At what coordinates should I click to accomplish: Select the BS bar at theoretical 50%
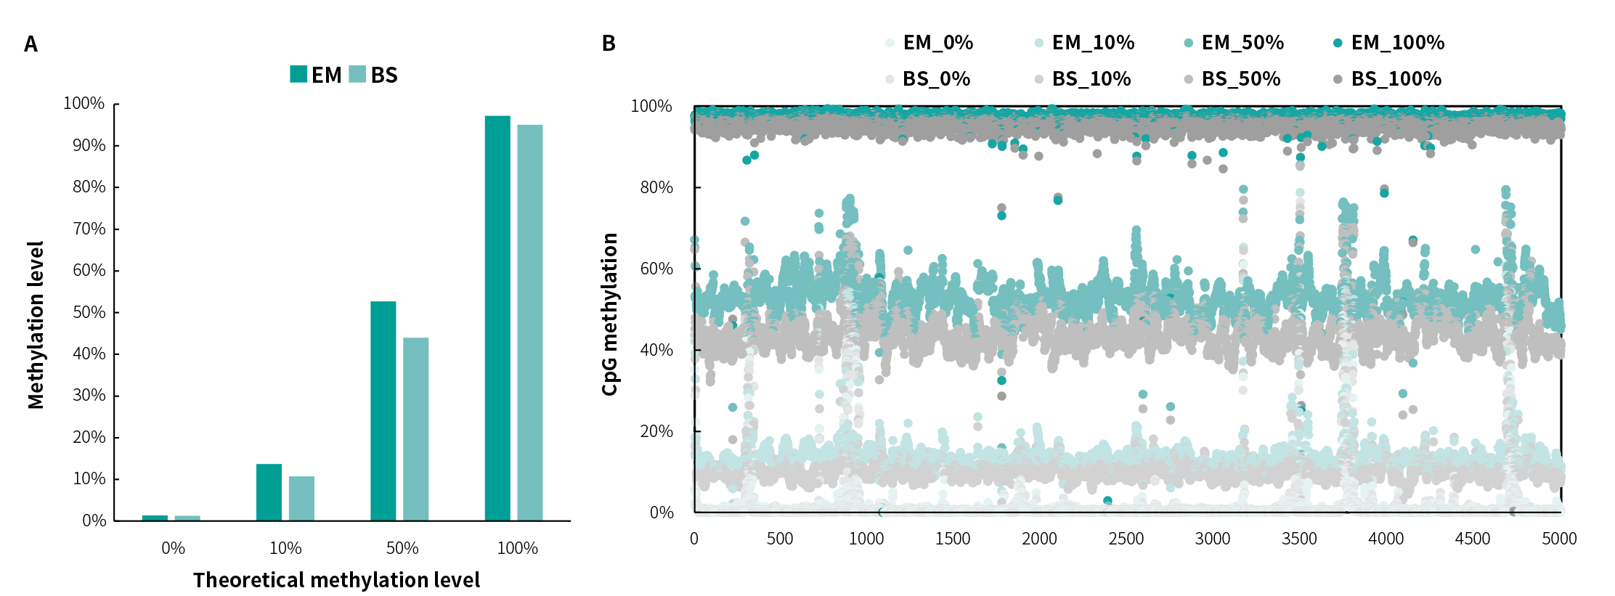[x=415, y=429]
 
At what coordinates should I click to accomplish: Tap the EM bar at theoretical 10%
[x=269, y=492]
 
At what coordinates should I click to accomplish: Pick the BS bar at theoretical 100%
[x=530, y=322]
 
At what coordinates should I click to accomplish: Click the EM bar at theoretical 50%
[x=383, y=411]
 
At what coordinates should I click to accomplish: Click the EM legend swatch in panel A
[x=298, y=74]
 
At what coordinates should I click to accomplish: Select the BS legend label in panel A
[x=384, y=75]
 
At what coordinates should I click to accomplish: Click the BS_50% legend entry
[x=1240, y=79]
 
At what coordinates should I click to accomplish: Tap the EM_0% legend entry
[x=937, y=43]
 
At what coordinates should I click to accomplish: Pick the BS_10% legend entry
[x=1091, y=79]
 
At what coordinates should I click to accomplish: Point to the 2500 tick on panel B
[x=1126, y=539]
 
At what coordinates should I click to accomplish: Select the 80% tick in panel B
[x=656, y=187]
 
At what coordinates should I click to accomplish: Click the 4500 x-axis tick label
[x=1472, y=539]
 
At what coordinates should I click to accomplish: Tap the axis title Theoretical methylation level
[x=336, y=580]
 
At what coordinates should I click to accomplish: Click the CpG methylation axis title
[x=610, y=314]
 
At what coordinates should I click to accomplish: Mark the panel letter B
[x=609, y=44]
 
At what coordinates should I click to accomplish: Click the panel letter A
[x=30, y=45]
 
